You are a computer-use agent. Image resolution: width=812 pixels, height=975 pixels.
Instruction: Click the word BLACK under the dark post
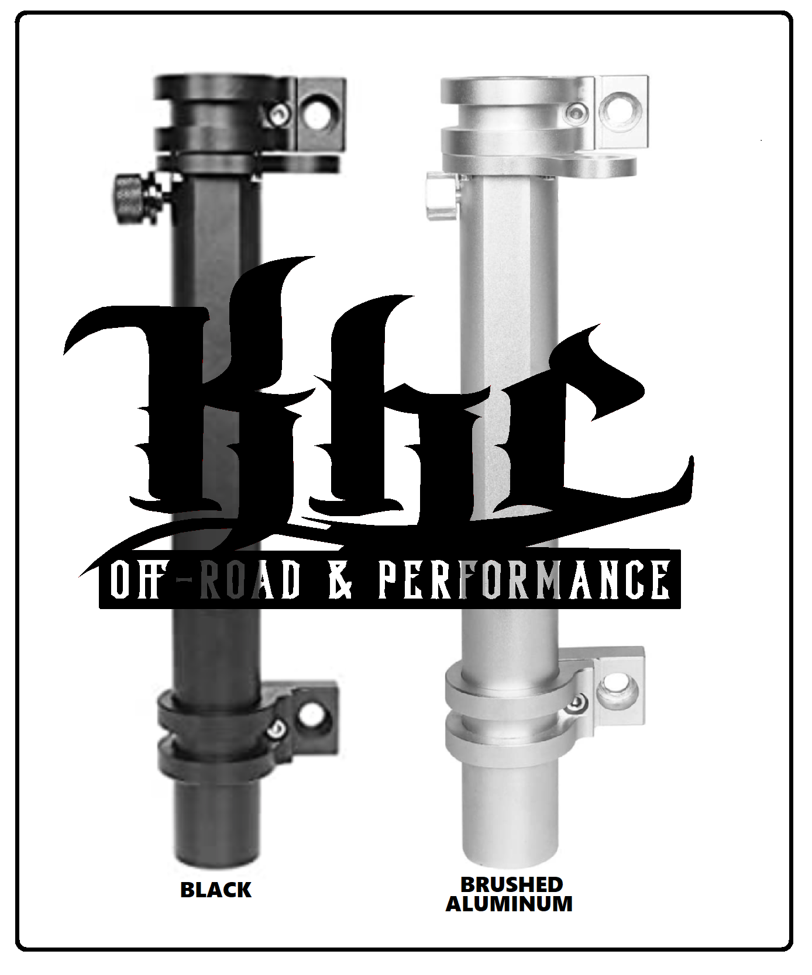pyautogui.click(x=216, y=890)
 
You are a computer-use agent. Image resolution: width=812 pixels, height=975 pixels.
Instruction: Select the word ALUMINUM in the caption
pyautogui.click(x=509, y=904)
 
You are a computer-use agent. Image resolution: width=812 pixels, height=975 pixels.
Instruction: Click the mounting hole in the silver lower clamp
pyautogui.click(x=612, y=687)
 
